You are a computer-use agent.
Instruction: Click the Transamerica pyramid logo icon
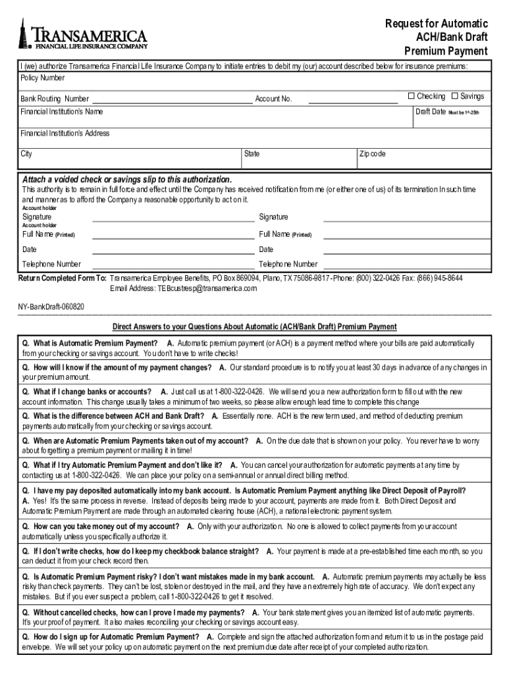pos(22,33)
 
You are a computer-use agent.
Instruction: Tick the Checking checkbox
pos(411,97)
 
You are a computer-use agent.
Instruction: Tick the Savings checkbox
pos(454,97)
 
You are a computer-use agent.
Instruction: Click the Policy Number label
pos(43,78)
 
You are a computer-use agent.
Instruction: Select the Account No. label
pos(273,99)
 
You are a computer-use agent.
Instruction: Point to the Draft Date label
pos(431,112)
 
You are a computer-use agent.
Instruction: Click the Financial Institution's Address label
pos(65,134)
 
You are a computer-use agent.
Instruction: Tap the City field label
pos(26,154)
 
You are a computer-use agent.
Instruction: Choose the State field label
pos(252,154)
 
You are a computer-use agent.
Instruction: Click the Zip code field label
pos(373,154)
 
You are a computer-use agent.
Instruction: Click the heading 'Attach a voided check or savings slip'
pos(127,180)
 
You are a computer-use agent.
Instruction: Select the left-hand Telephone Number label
pos(51,264)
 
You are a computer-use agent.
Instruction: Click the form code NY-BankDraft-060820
pos(51,307)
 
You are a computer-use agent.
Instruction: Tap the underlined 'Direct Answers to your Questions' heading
pos(254,327)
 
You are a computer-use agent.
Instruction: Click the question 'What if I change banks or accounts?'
pos(88,392)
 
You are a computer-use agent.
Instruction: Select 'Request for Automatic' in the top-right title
pos(437,24)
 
